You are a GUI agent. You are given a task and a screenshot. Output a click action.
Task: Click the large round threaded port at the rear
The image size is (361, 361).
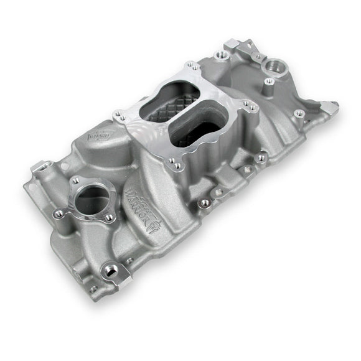tap(273, 65)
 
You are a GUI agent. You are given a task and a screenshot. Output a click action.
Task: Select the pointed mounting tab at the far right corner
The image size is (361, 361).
tap(329, 107)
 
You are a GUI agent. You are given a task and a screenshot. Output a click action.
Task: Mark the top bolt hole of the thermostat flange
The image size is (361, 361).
tap(75, 180)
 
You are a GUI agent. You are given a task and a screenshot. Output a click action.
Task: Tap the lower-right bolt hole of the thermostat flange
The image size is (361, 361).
tap(110, 218)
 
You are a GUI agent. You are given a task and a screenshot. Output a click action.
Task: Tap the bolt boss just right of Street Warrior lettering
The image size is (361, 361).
tap(203, 203)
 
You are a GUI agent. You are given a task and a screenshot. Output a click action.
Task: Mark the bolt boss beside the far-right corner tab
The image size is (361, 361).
tap(300, 113)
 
